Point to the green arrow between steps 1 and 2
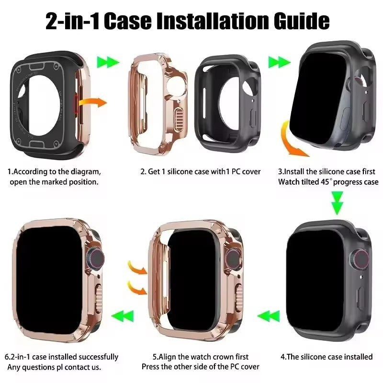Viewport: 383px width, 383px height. click(x=107, y=62)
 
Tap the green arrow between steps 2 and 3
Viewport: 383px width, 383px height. click(x=280, y=62)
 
